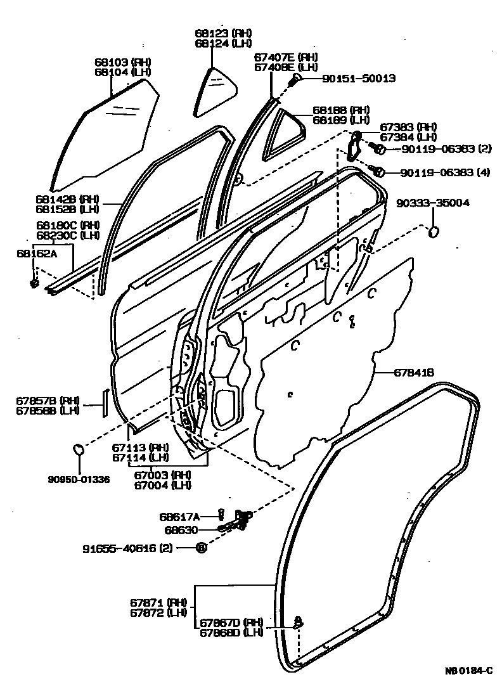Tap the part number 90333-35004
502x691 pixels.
[x=433, y=203]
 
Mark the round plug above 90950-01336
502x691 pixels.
[x=79, y=449]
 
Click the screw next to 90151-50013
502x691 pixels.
[x=296, y=79]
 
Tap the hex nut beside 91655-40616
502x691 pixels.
[x=201, y=548]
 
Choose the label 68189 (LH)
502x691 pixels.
[x=341, y=120]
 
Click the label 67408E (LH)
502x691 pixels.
[x=286, y=67]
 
